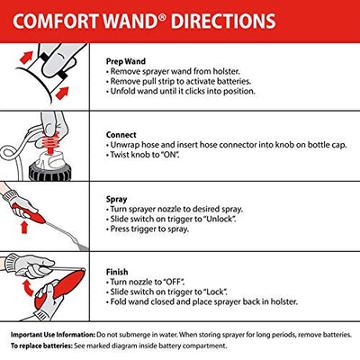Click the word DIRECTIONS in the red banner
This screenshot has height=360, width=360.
click(223, 22)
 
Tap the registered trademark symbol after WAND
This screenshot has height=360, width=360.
click(162, 17)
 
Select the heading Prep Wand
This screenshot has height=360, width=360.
click(126, 61)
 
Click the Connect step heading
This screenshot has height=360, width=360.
click(121, 135)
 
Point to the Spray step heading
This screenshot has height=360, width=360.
click(116, 200)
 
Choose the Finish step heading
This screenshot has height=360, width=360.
click(117, 272)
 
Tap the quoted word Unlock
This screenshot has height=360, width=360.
click(220, 219)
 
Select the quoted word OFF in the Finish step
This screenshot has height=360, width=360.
click(174, 282)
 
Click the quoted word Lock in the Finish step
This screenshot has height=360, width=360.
click(215, 292)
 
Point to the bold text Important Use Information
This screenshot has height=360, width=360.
click(53, 335)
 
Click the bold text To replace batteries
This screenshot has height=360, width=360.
click(41, 346)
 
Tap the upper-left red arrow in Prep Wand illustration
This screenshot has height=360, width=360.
click(26, 58)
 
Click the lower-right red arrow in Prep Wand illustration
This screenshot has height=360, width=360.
click(62, 94)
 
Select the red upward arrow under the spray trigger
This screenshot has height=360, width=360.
click(24, 228)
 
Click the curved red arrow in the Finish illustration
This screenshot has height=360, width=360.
click(28, 287)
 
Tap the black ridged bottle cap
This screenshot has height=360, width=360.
click(49, 173)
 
